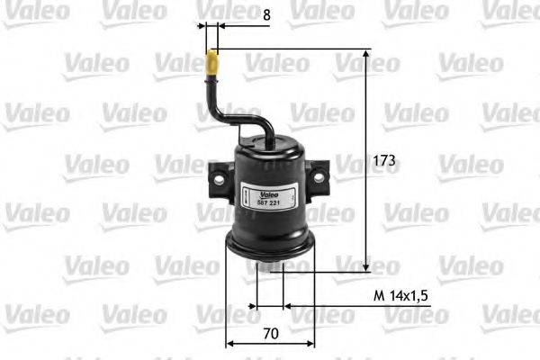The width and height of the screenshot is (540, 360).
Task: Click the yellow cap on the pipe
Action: point(212,65)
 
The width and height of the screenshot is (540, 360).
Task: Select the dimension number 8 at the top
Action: point(240,14)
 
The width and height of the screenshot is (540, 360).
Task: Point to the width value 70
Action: point(271,333)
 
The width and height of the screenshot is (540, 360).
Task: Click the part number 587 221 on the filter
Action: point(272,202)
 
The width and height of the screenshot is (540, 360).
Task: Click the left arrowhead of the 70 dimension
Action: point(229,343)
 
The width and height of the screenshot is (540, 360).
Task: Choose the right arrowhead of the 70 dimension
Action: point(311,343)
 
